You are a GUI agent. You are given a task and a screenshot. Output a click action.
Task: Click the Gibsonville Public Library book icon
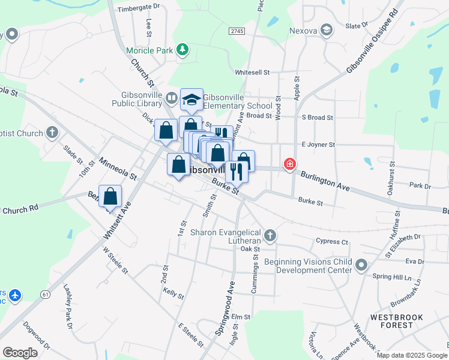click(x=172, y=98)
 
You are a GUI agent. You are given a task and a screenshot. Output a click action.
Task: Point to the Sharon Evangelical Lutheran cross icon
click(x=270, y=236)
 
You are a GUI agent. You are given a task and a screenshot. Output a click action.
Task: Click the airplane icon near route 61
click(x=16, y=296)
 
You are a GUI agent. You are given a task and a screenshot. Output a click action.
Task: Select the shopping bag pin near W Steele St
click(x=110, y=196)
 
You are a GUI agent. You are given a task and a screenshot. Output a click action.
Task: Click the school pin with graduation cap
click(x=191, y=100)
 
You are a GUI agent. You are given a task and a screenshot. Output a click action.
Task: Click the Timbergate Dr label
click(x=139, y=8)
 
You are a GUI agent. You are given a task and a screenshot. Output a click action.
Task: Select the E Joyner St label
click(x=318, y=145)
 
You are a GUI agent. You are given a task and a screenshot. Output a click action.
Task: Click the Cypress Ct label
click(x=332, y=242)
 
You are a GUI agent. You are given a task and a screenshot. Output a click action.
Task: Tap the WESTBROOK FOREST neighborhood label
click(x=397, y=321)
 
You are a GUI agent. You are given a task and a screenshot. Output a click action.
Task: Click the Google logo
click(x=20, y=353)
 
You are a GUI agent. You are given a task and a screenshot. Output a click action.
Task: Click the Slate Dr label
click(x=357, y=26)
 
